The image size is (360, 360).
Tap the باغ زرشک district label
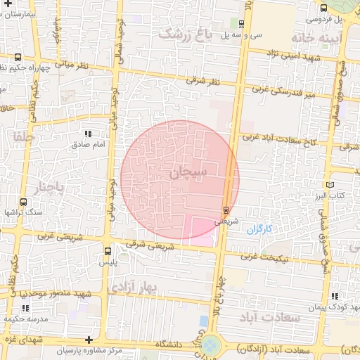tap(187, 33)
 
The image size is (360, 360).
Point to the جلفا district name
tap(22, 138)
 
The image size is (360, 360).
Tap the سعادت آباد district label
tap(269, 318)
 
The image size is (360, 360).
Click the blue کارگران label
tap(259, 229)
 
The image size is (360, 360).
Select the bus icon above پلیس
tap(108, 251)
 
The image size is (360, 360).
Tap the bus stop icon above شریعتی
tap(225, 210)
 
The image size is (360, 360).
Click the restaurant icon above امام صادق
tap(88, 134)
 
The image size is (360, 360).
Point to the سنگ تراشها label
tap(23, 212)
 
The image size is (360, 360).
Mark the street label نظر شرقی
tap(203, 82)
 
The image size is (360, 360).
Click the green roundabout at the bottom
tap(210, 346)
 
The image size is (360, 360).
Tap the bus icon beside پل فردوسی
tap(323, 8)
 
